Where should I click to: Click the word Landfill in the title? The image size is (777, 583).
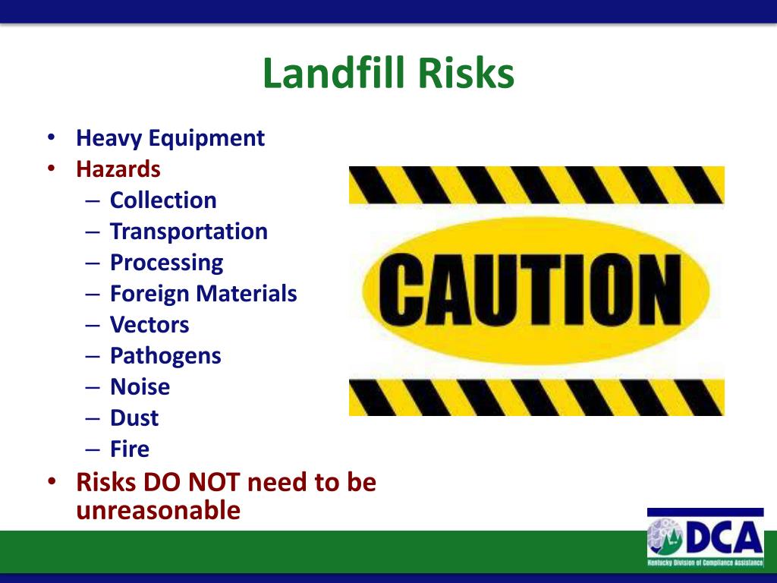click(332, 74)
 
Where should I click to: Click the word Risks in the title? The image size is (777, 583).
click(464, 74)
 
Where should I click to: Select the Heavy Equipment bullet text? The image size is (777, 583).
click(170, 138)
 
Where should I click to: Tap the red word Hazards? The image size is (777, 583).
click(118, 168)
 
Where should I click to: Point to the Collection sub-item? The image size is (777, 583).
click(163, 200)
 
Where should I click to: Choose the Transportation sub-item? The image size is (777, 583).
click(188, 232)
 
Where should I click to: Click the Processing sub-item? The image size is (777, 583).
click(166, 263)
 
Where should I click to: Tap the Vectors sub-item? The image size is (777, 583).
click(149, 325)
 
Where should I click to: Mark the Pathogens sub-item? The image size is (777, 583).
click(165, 356)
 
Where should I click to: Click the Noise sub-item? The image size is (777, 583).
click(140, 387)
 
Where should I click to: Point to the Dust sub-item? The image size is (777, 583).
click(134, 418)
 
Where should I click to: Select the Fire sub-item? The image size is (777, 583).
click(130, 449)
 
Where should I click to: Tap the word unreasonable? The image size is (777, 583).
click(158, 510)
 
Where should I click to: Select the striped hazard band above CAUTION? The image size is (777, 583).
click(536, 185)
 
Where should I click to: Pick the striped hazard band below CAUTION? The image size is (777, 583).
click(536, 397)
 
